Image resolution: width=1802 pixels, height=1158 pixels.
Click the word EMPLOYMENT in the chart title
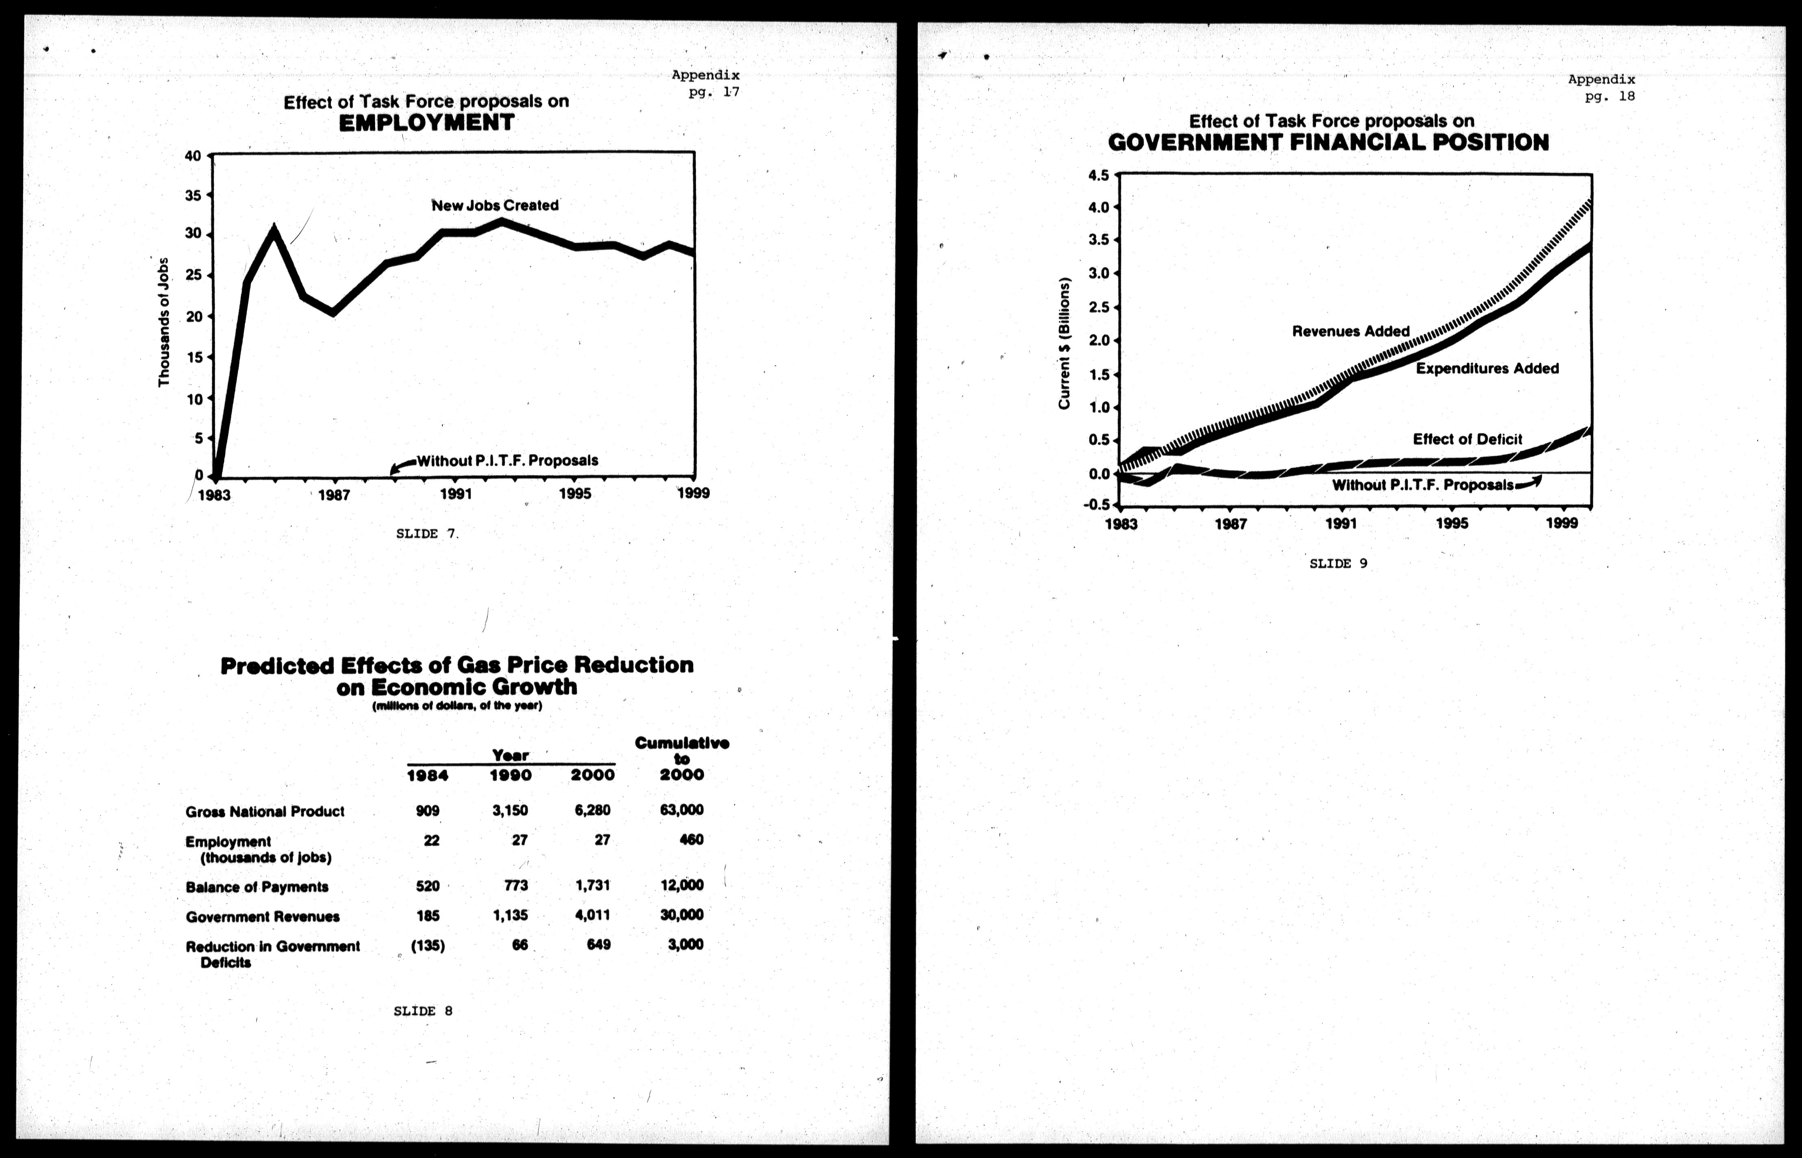tap(426, 123)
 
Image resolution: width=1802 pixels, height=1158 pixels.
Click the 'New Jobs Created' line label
tap(495, 205)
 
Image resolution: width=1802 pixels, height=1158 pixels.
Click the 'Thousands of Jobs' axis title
tap(164, 322)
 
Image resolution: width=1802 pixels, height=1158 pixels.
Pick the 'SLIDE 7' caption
tap(426, 534)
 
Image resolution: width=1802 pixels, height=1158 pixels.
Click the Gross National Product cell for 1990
tap(510, 811)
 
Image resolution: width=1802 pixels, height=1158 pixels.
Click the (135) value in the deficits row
tap(428, 946)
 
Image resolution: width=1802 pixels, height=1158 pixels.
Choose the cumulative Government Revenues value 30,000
tap(682, 915)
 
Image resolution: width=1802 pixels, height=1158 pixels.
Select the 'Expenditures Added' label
tap(1487, 368)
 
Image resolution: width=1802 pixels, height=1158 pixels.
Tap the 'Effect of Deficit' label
tap(1467, 439)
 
